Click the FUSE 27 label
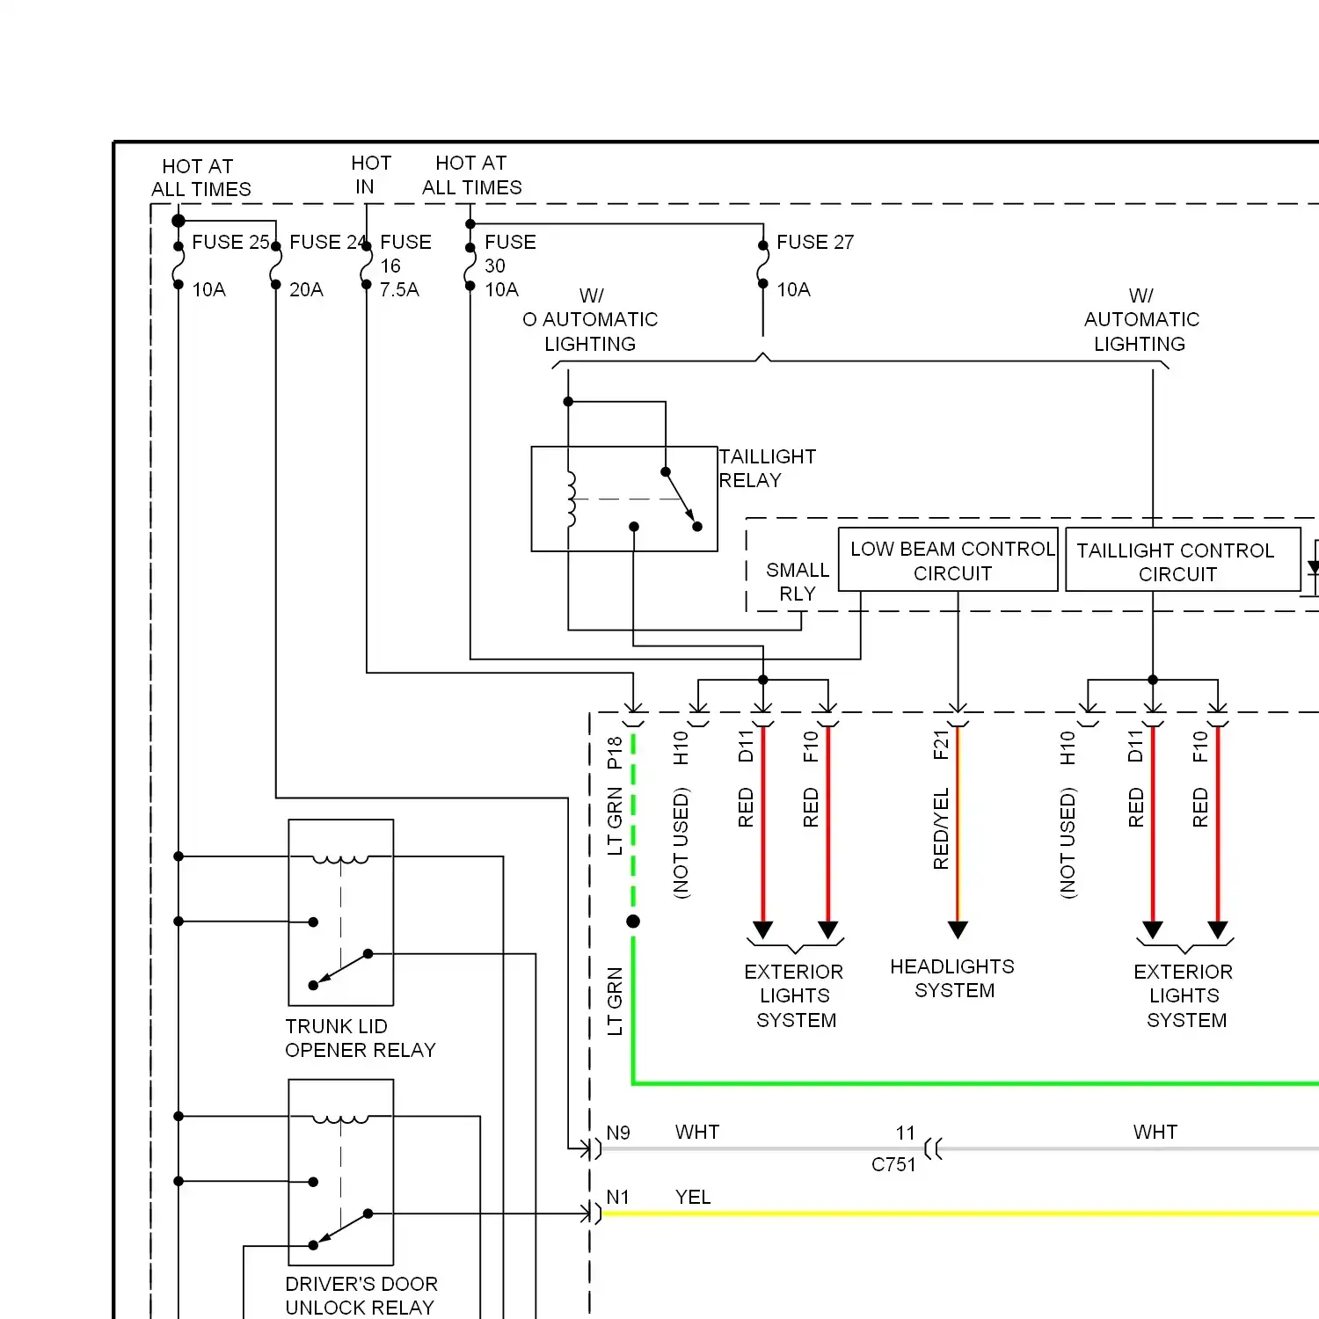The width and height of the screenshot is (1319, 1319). [814, 242]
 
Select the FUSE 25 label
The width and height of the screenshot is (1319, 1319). [230, 242]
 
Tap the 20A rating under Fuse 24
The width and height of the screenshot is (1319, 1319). [306, 289]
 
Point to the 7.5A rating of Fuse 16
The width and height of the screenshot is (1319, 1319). [399, 289]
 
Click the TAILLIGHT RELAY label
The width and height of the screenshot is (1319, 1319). [767, 468]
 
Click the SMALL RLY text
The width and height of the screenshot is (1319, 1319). [797, 581]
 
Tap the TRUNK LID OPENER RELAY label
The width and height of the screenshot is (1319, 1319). [360, 1038]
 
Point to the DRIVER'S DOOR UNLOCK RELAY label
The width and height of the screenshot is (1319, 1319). [361, 1295]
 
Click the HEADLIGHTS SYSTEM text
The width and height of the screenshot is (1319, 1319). [952, 978]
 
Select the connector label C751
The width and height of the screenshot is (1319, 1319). [893, 1164]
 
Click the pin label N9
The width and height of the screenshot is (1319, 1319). [618, 1133]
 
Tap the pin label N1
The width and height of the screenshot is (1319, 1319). [618, 1197]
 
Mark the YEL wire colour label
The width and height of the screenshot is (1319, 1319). [693, 1197]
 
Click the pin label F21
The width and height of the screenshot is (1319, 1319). [941, 745]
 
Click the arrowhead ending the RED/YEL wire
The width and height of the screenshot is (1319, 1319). [958, 929]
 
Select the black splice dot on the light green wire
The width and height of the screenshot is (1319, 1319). [633, 922]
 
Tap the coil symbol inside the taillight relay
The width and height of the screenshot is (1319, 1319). [571, 499]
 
